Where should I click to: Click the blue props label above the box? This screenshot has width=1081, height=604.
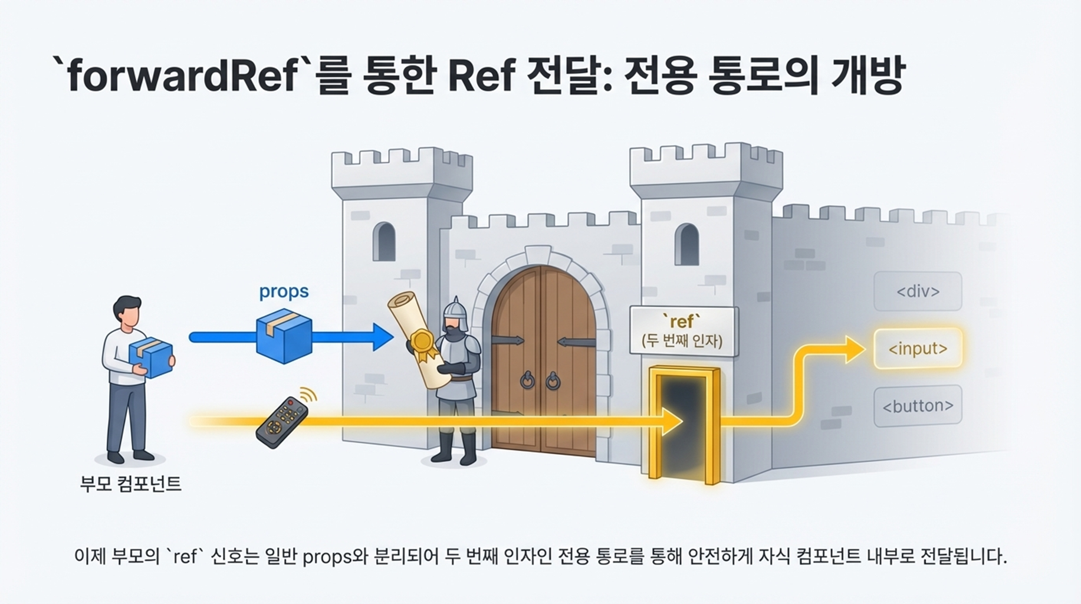tap(284, 291)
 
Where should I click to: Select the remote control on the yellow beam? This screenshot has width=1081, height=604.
tap(282, 422)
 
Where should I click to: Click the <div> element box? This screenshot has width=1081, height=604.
tap(918, 291)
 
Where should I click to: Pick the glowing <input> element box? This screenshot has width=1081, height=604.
tap(918, 349)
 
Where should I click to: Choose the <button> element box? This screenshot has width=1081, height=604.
tap(918, 406)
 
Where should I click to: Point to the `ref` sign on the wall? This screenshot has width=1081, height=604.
tap(683, 331)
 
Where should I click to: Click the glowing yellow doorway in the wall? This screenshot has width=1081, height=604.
tap(684, 422)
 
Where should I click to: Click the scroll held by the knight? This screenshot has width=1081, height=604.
tap(416, 336)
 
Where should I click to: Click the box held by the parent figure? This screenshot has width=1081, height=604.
tap(152, 357)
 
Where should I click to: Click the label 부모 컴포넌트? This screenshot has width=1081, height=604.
tap(130, 484)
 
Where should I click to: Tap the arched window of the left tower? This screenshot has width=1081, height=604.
tap(385, 241)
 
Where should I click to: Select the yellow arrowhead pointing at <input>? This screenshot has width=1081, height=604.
tap(853, 349)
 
